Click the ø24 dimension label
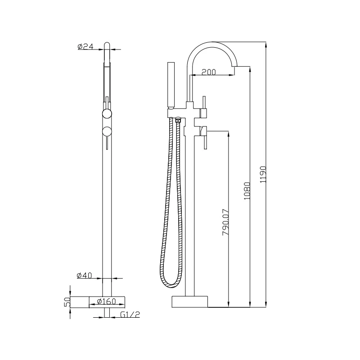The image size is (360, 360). [85, 46]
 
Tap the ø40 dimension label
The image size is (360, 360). [85, 276]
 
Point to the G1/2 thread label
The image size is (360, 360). [130, 315]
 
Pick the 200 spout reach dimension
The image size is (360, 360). [209, 72]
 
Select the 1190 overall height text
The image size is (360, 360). [264, 173]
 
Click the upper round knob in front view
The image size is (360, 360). [107, 113]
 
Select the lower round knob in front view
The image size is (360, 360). [107, 131]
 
